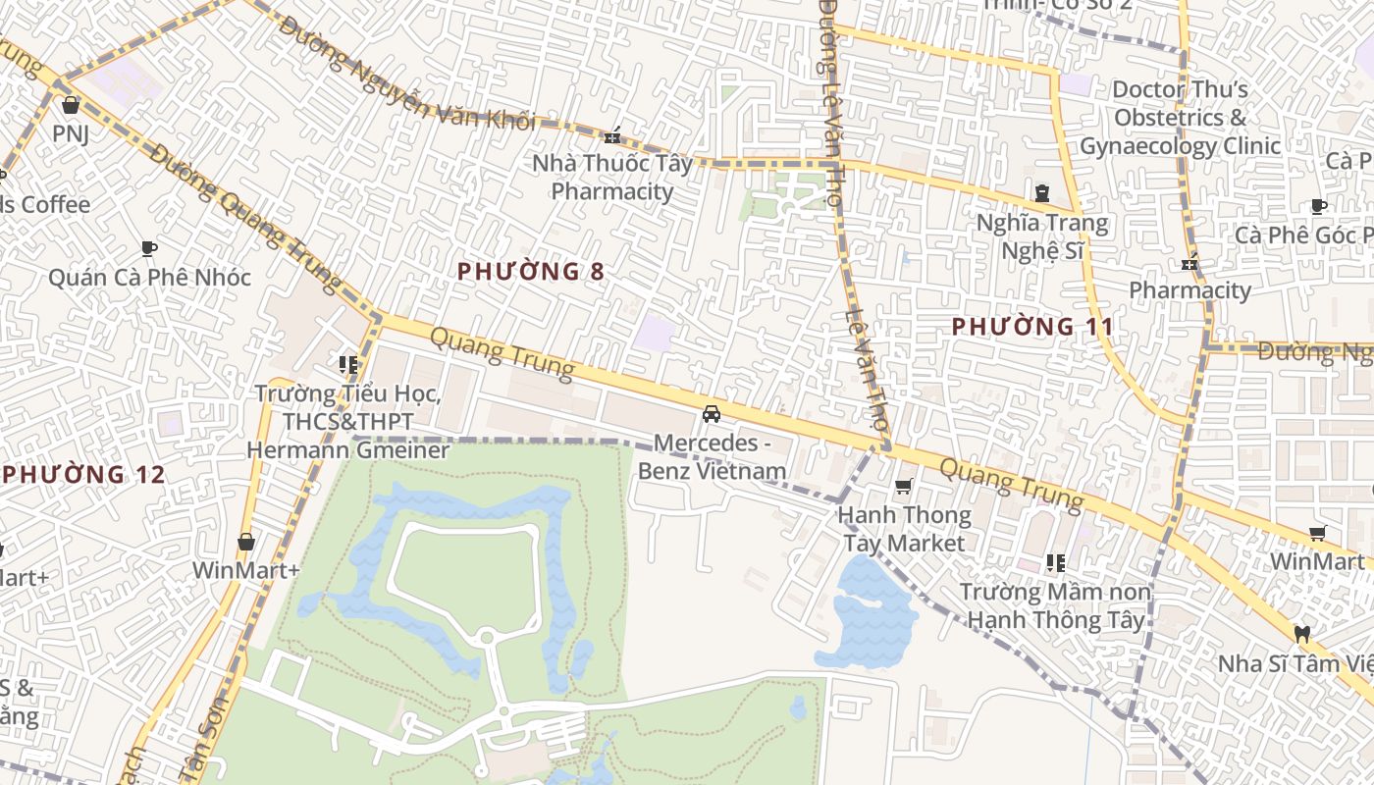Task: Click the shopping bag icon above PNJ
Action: click(70, 105)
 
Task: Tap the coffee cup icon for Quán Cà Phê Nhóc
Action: click(149, 248)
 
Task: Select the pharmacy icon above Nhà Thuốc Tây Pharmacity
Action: click(613, 135)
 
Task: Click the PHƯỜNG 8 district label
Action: click(531, 272)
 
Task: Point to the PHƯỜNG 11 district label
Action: click(1032, 326)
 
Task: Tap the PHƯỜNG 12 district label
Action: click(83, 475)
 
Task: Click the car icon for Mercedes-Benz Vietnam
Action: click(712, 414)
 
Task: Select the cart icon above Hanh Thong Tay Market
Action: click(904, 487)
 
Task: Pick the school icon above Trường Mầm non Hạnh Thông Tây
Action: click(1055, 563)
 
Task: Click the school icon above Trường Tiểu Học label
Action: click(347, 365)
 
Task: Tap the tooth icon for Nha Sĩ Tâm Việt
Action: click(1302, 634)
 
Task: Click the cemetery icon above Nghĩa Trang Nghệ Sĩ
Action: click(1041, 193)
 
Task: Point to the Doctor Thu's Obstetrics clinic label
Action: click(1180, 118)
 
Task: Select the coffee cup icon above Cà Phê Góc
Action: click(1319, 206)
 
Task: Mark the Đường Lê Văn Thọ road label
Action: click(828, 103)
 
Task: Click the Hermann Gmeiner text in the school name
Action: click(347, 450)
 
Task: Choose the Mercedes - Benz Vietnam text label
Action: click(712, 456)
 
